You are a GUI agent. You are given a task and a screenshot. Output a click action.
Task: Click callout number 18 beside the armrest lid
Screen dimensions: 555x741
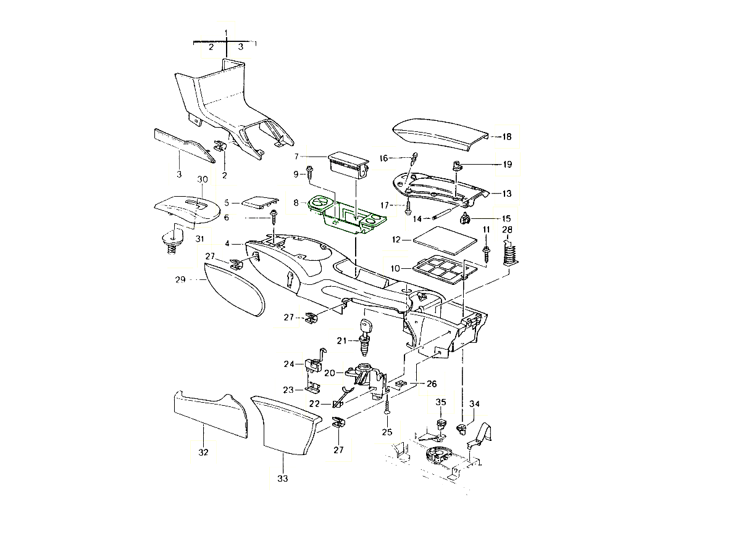pyautogui.click(x=507, y=137)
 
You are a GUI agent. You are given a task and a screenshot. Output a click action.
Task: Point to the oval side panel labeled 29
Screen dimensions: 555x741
pyautogui.click(x=234, y=295)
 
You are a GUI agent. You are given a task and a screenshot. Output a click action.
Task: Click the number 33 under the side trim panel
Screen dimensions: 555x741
pyautogui.click(x=283, y=478)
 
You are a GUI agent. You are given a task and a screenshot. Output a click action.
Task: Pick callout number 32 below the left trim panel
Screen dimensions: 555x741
pyautogui.click(x=203, y=453)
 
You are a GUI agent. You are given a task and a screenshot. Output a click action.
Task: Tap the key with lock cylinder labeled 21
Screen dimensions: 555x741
pyautogui.click(x=364, y=336)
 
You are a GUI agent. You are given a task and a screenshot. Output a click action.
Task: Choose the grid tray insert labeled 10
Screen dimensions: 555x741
pyautogui.click(x=442, y=269)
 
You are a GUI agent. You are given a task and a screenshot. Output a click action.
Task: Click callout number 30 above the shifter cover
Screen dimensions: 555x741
pyautogui.click(x=202, y=179)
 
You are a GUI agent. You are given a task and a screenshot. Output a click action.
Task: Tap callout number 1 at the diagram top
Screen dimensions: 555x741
pyautogui.click(x=227, y=31)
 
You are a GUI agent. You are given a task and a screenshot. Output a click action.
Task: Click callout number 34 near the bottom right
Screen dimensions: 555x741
pyautogui.click(x=474, y=403)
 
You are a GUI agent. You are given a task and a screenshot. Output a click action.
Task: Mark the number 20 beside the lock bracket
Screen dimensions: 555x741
pyautogui.click(x=330, y=373)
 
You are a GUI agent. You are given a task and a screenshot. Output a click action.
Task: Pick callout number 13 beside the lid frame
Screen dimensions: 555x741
pyautogui.click(x=507, y=194)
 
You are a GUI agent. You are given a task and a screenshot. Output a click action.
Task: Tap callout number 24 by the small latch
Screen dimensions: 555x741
pyautogui.click(x=290, y=364)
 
